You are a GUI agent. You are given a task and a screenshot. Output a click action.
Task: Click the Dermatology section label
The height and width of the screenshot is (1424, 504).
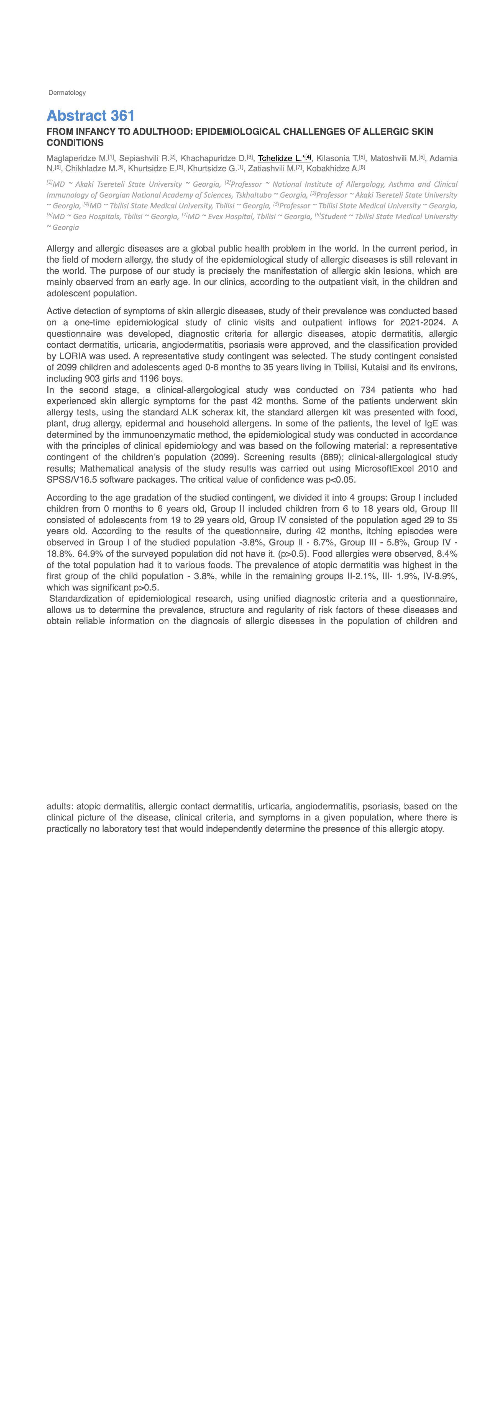67,93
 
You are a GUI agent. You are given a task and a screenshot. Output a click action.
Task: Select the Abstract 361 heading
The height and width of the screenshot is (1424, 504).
91,116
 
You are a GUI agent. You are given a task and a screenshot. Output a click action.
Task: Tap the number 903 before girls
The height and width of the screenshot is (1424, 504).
92,379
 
